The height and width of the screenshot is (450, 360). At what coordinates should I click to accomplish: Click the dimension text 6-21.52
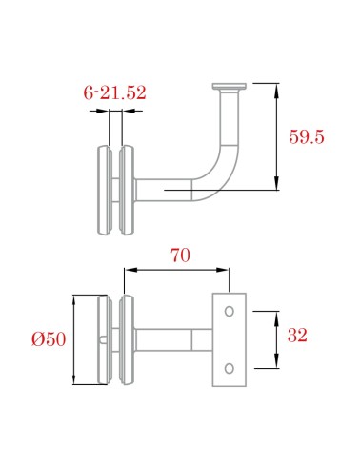click(114, 92)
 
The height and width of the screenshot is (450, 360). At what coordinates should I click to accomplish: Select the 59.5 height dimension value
click(307, 136)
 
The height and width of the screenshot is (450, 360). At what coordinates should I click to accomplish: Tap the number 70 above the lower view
click(179, 256)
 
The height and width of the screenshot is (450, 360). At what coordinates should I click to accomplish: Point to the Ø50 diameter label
click(49, 339)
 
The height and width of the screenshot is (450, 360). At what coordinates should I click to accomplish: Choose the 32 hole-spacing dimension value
click(297, 336)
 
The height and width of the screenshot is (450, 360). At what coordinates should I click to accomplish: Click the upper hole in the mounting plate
click(229, 310)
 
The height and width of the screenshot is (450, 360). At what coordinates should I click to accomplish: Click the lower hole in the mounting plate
click(229, 368)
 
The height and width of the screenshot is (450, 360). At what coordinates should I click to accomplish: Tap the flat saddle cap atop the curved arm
click(230, 88)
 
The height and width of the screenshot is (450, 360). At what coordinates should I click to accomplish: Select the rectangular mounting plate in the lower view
click(229, 339)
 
